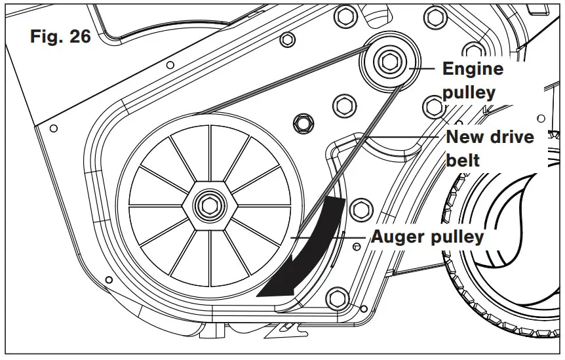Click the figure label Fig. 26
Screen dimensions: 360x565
pos(60,37)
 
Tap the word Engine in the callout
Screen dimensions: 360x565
pos(473,69)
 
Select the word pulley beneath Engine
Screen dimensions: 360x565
pos(469,92)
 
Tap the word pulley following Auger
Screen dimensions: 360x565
pos(459,237)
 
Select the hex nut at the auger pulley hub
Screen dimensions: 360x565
pos(208,204)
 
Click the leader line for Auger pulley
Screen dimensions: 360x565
pos(328,236)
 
